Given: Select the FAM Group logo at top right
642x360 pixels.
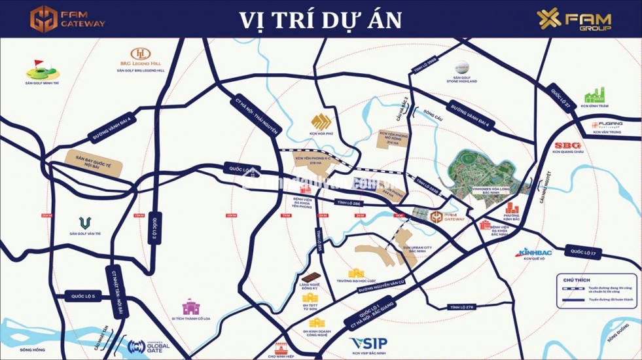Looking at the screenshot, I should [x=574, y=20].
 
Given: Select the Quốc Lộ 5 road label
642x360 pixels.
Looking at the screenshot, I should [x=80, y=296].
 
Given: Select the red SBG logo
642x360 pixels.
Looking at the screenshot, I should [x=567, y=145].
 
